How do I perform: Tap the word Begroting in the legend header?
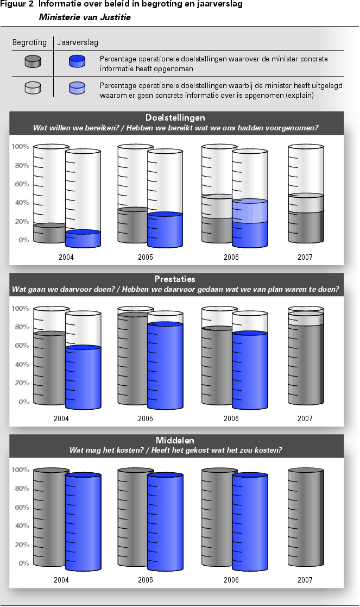tap(29, 42)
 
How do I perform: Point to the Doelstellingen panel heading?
tap(175, 117)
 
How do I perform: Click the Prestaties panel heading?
tap(175, 279)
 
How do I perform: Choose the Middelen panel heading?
tap(175, 441)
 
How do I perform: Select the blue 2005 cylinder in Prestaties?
tap(165, 364)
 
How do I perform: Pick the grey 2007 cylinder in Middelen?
tap(305, 522)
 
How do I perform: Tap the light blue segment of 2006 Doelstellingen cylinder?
tap(250, 211)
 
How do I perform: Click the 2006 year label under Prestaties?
tap(231, 418)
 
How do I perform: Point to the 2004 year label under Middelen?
tap(61, 580)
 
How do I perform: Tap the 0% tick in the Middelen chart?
tap(23, 564)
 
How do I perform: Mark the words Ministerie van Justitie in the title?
tap(85, 17)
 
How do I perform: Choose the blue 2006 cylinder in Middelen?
tap(250, 522)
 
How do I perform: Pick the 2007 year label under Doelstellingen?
tap(305, 257)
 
